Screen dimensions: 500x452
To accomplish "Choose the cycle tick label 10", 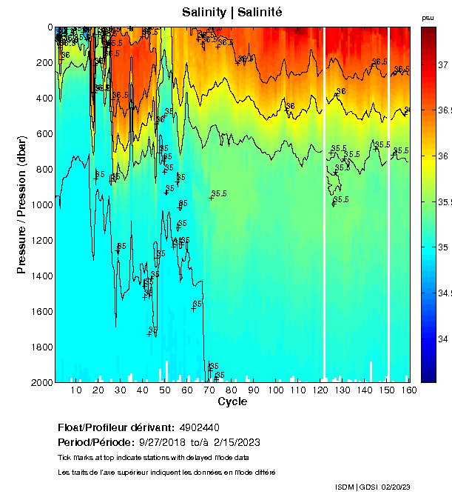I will [x=76, y=390].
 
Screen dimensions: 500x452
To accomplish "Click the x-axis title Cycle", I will [x=232, y=402].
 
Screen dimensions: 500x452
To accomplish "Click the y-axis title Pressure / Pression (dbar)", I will [x=21, y=204].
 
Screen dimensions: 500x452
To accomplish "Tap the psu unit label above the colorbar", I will [x=428, y=18].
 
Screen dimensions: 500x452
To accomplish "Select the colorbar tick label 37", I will [x=443, y=64].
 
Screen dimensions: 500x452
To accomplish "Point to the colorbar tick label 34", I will [x=443, y=339].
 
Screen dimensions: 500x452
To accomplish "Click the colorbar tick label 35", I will [x=443, y=247].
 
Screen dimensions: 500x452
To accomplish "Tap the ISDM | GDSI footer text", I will [x=356, y=487].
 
